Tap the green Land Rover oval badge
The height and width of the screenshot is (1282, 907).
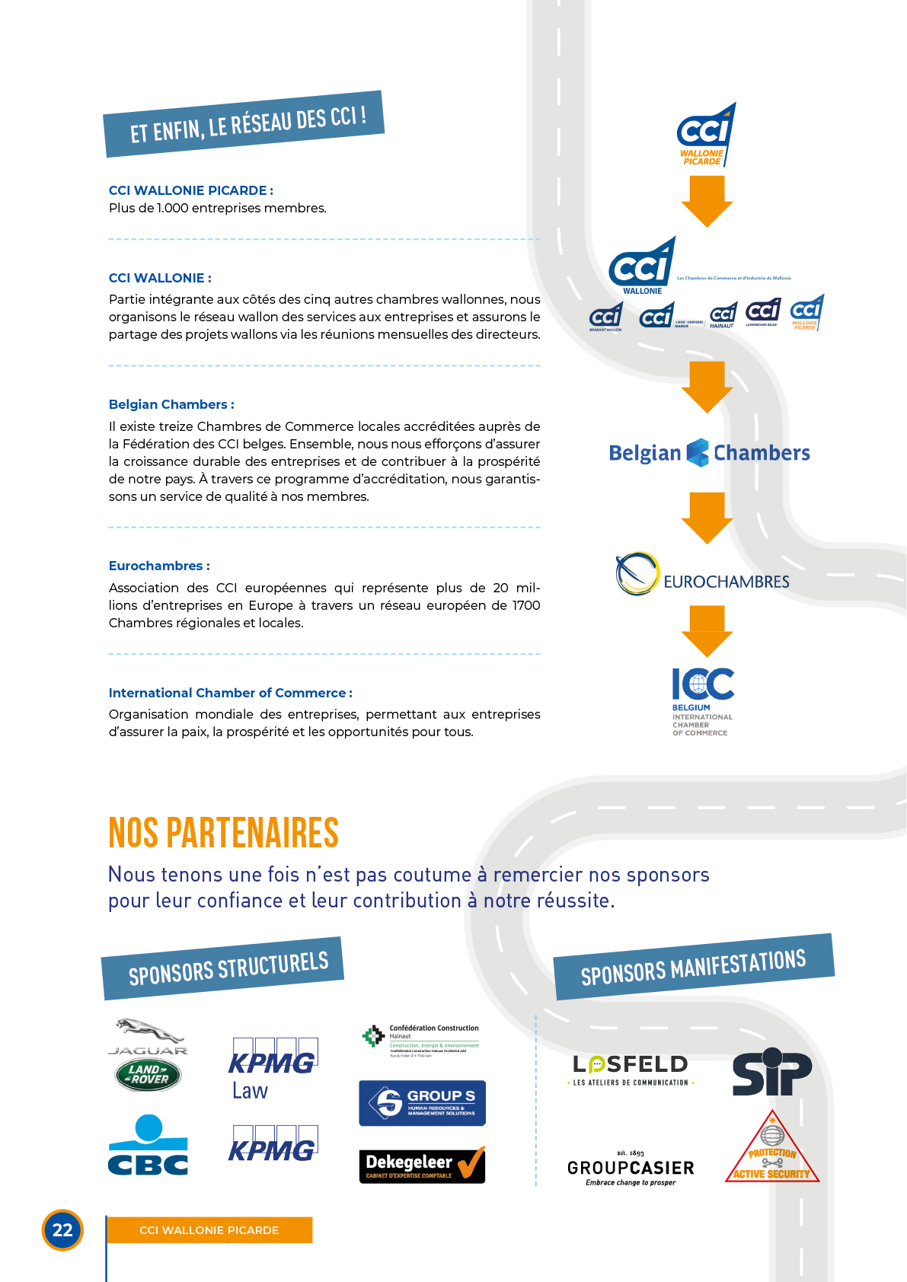pos(148,1075)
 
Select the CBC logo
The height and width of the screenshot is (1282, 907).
pos(148,1146)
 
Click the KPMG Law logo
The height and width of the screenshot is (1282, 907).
pos(273,1069)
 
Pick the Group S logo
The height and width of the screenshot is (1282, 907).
pos(422,1103)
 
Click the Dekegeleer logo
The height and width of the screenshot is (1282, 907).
pos(422,1165)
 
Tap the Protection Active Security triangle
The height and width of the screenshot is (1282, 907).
pos(772,1150)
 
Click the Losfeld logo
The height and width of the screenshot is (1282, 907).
pos(631,1067)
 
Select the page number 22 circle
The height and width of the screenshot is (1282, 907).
pos(62,1229)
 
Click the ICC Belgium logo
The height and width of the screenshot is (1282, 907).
pos(703,701)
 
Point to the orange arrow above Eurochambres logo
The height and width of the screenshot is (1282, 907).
pos(707,517)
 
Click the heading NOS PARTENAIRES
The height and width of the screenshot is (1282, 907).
pos(223,832)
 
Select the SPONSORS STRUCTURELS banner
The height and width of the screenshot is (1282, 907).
pos(222,968)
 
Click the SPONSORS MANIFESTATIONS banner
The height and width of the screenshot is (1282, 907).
pos(693,966)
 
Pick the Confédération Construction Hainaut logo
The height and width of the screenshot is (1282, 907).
pos(420,1039)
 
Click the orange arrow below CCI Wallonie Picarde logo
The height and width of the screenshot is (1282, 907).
pos(707,201)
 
